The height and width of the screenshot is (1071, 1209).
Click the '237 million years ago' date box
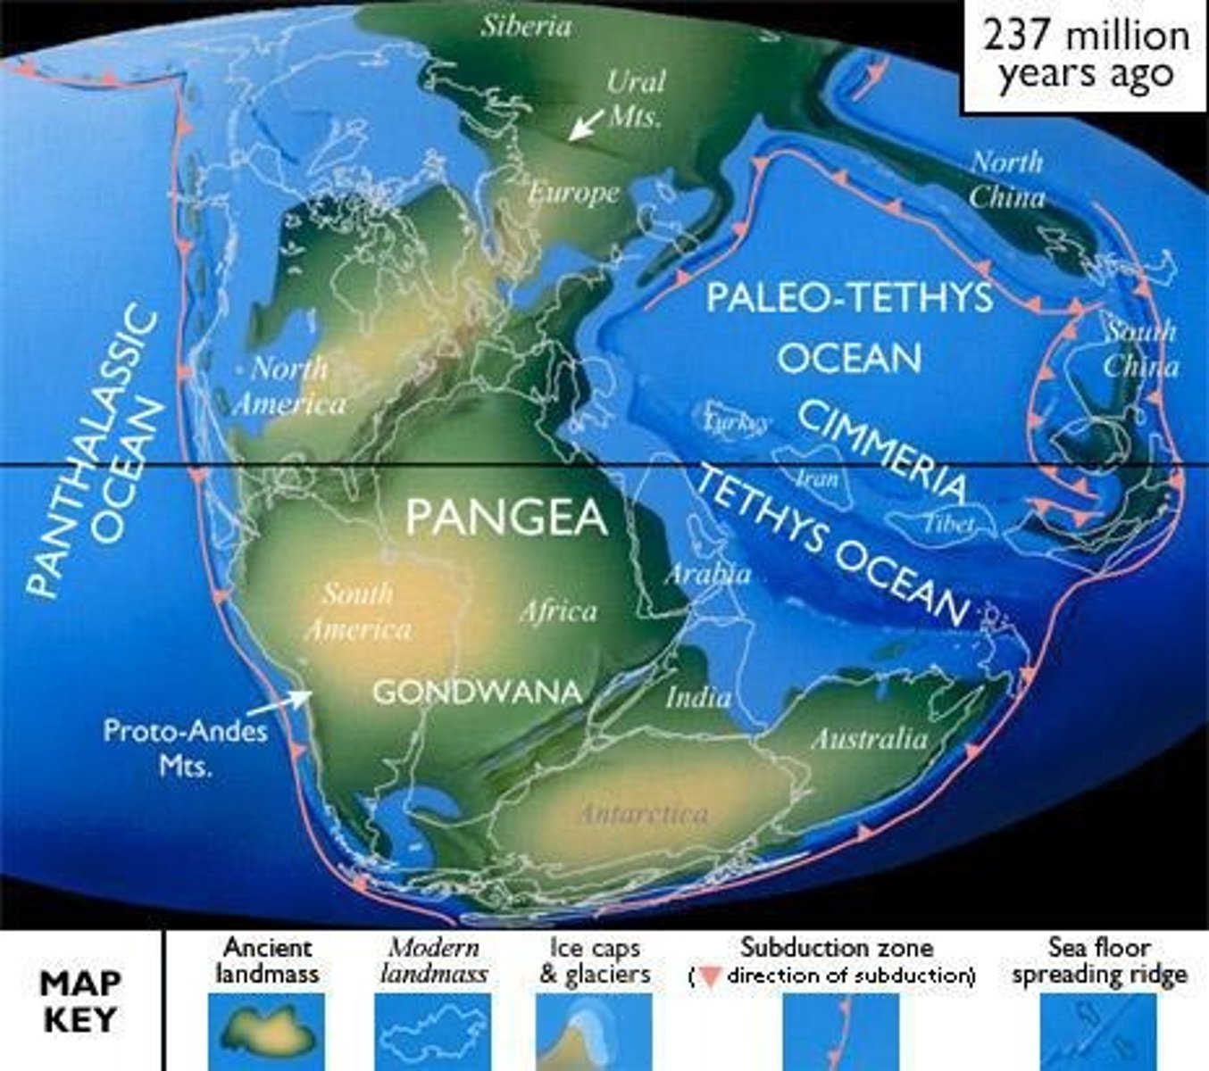coord(1085,55)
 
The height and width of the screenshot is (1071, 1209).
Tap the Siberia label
coord(526,26)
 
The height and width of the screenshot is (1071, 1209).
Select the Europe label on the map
coord(573,193)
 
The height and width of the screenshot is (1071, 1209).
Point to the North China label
coord(1006,179)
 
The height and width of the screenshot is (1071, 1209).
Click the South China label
coord(1140,349)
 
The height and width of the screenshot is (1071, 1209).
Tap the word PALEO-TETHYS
coord(849,297)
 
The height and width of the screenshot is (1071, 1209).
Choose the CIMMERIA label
coord(880,451)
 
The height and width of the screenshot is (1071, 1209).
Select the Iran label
coord(816,478)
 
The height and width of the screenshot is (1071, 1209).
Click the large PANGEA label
coord(506,517)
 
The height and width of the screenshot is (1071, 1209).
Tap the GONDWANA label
coord(477,692)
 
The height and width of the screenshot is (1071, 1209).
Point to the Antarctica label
coord(644,814)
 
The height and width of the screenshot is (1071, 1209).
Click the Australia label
coord(869,738)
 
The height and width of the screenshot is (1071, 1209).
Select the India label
coord(698,697)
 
